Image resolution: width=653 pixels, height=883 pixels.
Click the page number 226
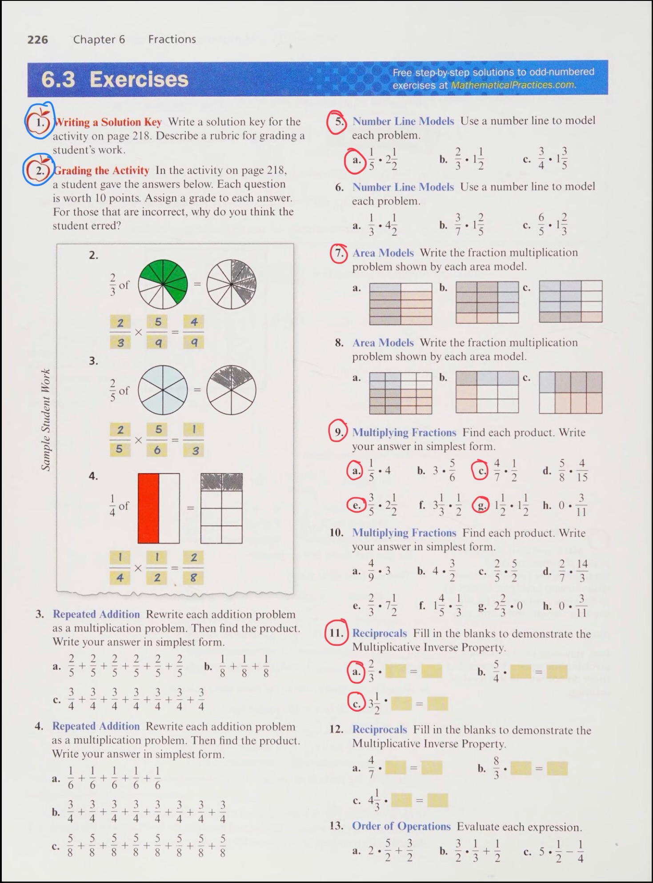[37, 40]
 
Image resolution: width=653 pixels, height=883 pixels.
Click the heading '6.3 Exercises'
[115, 80]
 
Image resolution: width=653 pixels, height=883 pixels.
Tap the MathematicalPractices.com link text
[513, 85]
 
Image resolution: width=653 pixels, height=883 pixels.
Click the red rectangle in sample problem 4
[148, 508]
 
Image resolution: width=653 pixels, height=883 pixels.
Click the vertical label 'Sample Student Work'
[45, 419]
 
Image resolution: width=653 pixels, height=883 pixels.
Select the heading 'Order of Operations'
[401, 826]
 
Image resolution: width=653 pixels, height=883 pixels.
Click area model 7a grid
[401, 304]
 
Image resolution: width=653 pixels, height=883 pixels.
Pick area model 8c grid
[570, 393]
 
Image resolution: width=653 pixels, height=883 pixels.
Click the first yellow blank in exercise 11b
[520, 672]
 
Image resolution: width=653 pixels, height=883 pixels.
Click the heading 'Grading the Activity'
[101, 170]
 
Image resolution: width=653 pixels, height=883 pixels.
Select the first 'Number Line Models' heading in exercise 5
[403, 121]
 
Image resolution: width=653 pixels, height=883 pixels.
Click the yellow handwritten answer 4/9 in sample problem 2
[194, 332]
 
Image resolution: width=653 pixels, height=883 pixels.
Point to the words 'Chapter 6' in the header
[99, 40]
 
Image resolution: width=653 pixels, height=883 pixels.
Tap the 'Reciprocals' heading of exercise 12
[379, 730]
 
